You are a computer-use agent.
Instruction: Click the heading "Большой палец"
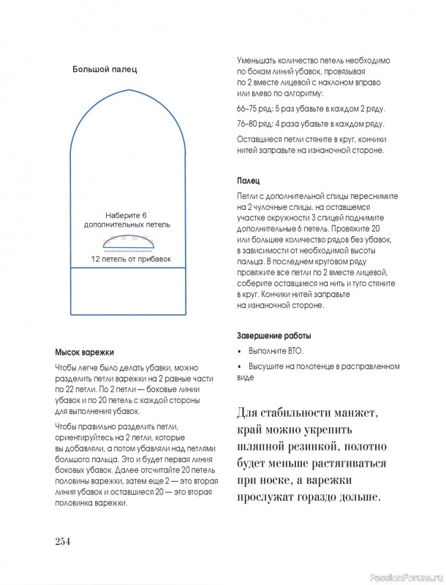[105, 69]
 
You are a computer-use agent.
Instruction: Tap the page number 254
[62, 541]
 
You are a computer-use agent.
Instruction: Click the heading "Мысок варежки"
[84, 352]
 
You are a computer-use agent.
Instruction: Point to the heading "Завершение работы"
[273, 336]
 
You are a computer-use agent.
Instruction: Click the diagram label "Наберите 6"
[126, 216]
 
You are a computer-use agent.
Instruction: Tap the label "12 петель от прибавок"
[131, 259]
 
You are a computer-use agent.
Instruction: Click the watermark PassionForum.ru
[407, 577]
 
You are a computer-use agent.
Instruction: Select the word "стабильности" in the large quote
[292, 412]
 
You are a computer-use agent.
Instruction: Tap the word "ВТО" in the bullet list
[292, 351]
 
